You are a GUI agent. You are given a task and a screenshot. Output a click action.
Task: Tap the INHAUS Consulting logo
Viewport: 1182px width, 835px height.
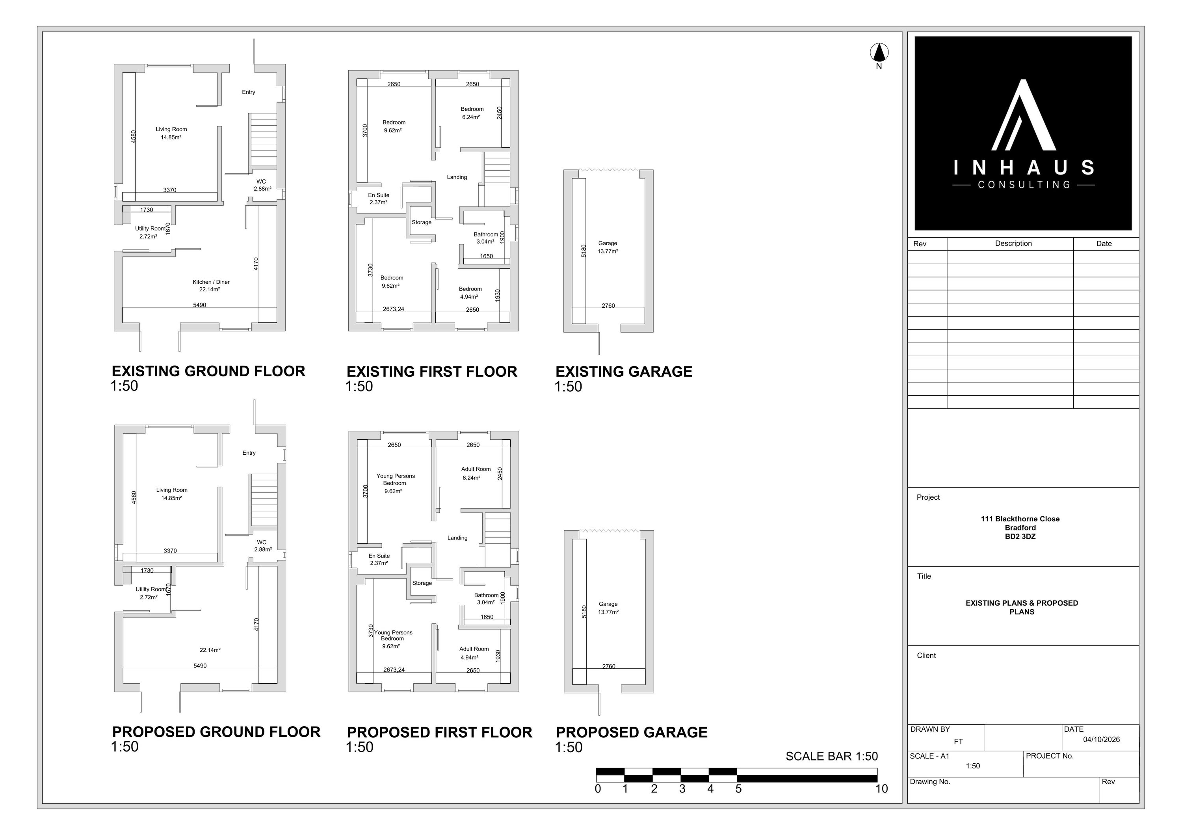pos(1023,133)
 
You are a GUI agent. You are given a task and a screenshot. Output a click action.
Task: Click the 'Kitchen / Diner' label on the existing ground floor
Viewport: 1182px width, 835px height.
pos(211,282)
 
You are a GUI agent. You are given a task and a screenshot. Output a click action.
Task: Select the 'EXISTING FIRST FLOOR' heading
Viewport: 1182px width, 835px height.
pos(431,372)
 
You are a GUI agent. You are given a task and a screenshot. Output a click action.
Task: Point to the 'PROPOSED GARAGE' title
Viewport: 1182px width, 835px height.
pos(631,732)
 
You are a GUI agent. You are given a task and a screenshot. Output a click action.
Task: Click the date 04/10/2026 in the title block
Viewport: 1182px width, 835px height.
pos(1101,740)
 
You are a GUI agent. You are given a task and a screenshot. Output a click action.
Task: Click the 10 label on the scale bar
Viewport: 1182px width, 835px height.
pos(881,789)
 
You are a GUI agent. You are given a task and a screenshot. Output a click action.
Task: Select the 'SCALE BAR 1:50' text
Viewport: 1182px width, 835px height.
pos(831,756)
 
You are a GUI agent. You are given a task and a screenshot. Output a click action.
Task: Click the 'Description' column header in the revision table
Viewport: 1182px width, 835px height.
pos(1013,244)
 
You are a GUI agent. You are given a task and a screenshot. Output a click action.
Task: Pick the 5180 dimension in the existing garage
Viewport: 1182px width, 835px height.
pos(583,251)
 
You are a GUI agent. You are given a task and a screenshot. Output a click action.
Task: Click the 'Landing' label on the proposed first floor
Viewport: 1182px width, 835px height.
pos(457,538)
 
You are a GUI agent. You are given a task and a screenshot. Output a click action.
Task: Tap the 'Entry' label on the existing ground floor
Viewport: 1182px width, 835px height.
pos(249,92)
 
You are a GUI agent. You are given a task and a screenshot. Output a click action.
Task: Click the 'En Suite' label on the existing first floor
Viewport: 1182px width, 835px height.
pos(378,195)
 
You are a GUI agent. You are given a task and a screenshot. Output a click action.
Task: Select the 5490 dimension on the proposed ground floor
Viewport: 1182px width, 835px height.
pos(200,666)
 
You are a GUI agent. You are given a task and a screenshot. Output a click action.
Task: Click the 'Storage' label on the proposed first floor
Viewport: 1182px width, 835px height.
pos(422,583)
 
